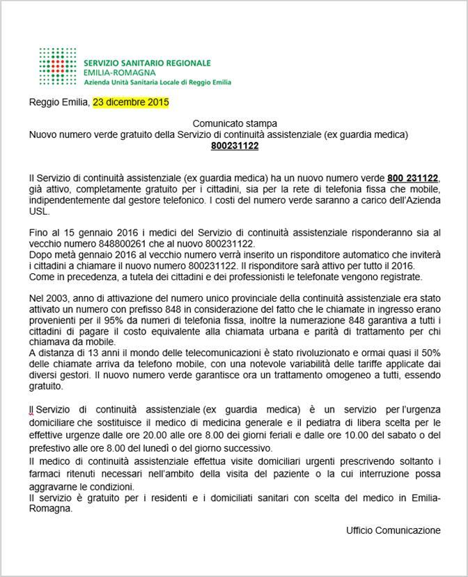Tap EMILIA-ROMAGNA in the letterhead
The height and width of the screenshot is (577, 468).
119,72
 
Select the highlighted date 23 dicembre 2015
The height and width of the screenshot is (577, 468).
131,102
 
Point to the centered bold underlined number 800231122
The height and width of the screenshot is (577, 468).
235,146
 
